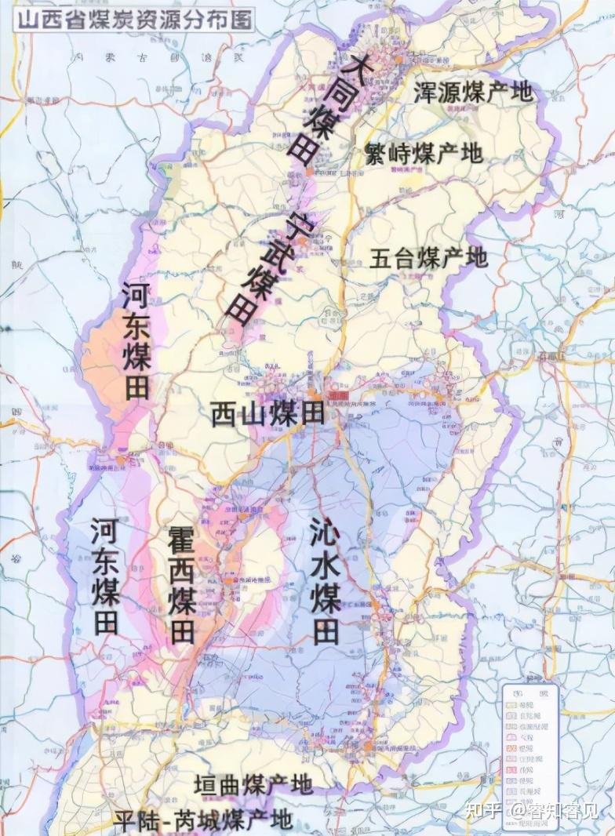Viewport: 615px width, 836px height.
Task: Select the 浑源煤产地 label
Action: [473, 92]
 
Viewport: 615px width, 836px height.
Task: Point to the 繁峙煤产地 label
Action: [424, 153]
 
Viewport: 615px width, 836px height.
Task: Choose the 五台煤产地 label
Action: [428, 257]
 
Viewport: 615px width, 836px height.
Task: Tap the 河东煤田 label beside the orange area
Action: [136, 341]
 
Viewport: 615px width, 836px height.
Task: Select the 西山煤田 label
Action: [267, 413]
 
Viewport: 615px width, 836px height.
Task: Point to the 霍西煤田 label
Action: [182, 584]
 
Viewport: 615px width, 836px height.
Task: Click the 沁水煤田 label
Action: [324, 580]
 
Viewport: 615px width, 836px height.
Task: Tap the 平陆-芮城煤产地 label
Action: [203, 820]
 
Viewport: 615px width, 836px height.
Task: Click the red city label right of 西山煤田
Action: [339, 398]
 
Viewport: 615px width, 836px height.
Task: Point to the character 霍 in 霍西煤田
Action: [182, 540]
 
